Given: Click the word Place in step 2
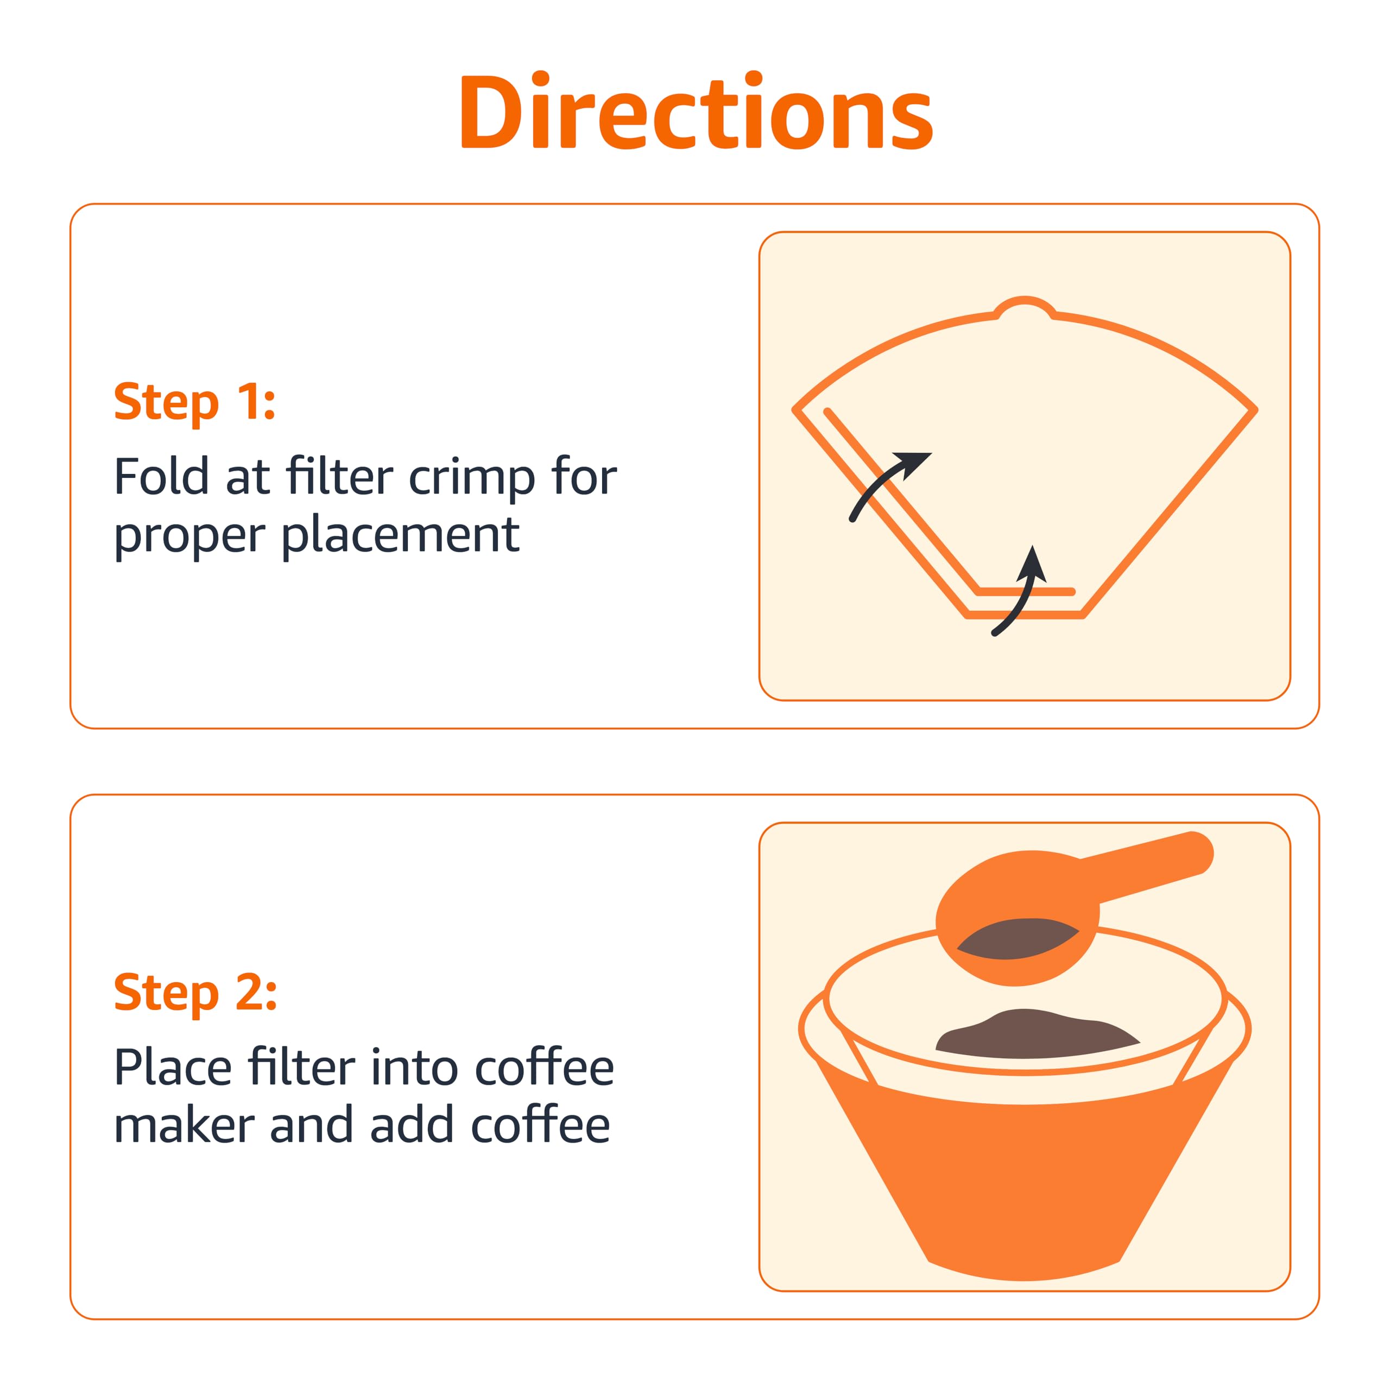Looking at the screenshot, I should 173,1067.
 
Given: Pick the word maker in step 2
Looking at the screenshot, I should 184,1126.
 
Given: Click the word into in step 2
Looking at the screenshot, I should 414,1067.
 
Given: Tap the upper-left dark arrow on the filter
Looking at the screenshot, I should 888,482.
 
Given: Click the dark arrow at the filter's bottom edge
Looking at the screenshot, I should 1022,593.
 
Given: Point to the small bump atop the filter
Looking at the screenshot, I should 1025,306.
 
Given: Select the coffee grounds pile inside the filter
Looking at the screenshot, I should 1036,1036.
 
